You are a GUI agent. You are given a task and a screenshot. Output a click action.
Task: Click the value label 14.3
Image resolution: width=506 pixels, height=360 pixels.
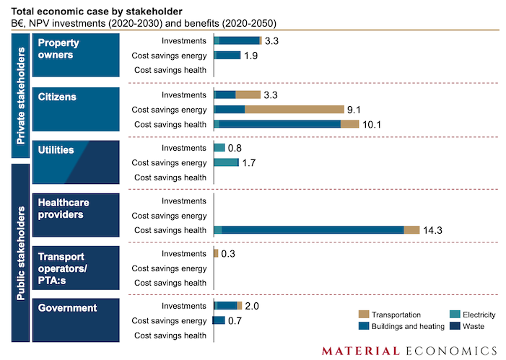(x=433, y=230)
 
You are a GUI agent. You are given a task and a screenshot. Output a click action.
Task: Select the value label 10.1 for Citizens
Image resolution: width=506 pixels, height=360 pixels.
(x=372, y=124)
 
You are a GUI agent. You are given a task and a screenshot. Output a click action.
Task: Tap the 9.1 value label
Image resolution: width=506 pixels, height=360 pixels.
(x=354, y=110)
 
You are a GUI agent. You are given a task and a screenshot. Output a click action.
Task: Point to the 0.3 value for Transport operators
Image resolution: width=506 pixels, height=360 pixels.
(x=228, y=254)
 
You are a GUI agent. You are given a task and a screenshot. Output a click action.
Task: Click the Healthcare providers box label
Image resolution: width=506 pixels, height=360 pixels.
(x=61, y=209)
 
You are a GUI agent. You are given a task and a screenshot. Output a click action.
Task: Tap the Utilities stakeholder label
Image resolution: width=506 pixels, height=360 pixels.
(x=56, y=150)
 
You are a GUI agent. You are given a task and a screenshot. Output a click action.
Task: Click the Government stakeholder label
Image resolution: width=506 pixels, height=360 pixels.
(x=67, y=308)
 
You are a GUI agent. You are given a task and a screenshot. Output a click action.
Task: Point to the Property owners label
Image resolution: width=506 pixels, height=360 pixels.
(x=58, y=49)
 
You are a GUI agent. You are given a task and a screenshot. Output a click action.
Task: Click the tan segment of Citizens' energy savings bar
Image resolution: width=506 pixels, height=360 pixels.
(x=294, y=110)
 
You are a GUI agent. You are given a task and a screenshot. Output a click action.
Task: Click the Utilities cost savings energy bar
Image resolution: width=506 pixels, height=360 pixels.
(x=226, y=163)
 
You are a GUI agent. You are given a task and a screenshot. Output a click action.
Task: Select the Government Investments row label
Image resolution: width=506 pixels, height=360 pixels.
(x=184, y=306)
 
